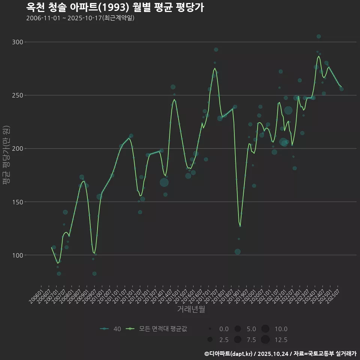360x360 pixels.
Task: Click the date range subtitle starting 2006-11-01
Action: point(80,18)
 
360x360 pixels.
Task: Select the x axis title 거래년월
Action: point(191,309)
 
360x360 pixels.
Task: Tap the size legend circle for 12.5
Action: point(265,340)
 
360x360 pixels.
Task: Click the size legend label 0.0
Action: point(224,329)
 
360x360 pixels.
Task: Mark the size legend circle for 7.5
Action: point(237,340)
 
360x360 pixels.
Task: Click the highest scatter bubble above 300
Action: point(319,36)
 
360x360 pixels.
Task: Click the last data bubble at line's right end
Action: point(342,89)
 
